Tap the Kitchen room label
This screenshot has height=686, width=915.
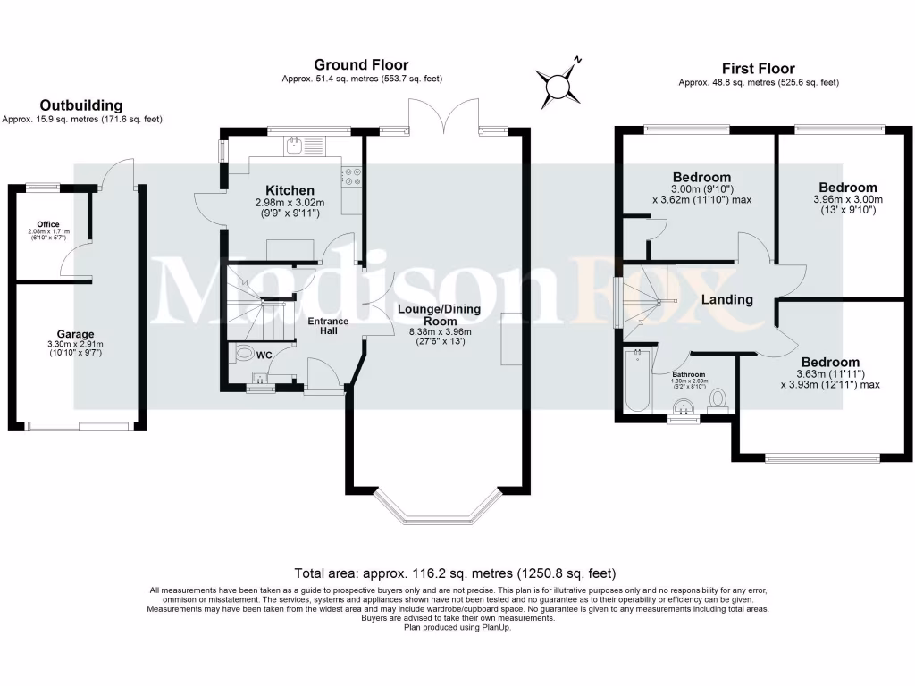coord(290,190)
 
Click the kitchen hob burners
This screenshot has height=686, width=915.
coord(350,178)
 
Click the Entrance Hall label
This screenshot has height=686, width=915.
coord(329,326)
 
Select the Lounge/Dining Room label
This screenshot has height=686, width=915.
coord(439,315)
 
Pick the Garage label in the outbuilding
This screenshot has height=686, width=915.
coord(76,334)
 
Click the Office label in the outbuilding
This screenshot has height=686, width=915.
coord(48,223)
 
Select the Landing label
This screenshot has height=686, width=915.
coord(726,300)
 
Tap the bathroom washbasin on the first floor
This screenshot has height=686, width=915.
coord(684,408)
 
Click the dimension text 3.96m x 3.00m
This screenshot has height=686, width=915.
coord(847,199)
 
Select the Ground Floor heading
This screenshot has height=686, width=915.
coord(361,64)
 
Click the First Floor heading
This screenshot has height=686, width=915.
coord(758,68)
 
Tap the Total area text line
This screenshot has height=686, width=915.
coord(456,573)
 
